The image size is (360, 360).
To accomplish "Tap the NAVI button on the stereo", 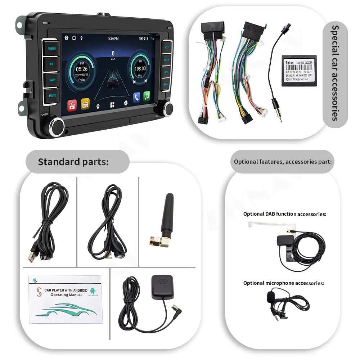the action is [52, 80].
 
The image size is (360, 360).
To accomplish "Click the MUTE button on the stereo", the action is [52, 96].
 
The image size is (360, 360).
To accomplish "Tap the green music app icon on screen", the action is [147, 96].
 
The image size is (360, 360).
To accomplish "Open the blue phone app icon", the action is [137, 96].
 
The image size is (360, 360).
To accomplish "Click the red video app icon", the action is [72, 104].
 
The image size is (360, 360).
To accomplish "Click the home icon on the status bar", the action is [66, 37].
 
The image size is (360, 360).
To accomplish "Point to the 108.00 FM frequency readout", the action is [140, 68].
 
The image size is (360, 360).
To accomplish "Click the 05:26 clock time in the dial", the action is [82, 69].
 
